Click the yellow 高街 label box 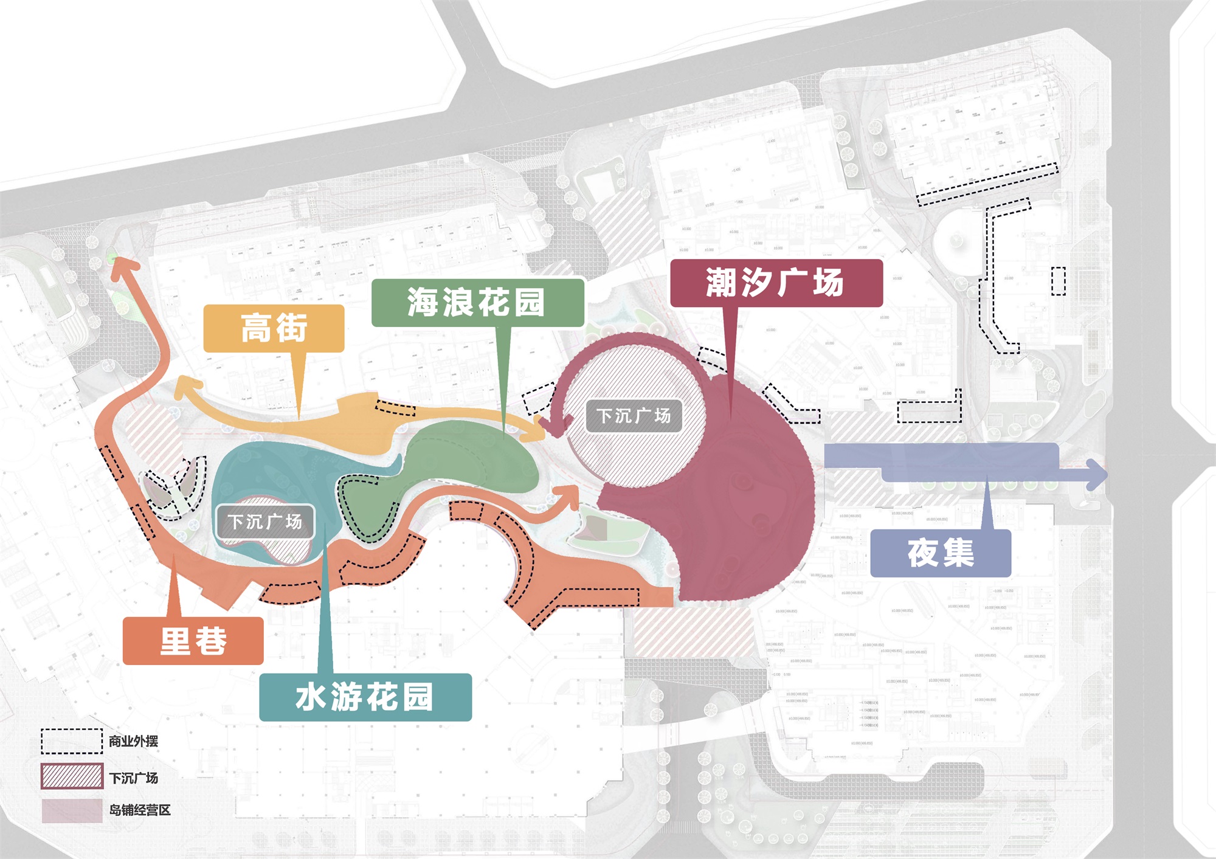274,328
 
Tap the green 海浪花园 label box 477,302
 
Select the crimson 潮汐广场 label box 776,283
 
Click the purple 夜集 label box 941,553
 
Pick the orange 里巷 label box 193,641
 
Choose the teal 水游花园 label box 365,697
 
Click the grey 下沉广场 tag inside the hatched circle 634,416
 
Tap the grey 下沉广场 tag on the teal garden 265,522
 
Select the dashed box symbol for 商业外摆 72,741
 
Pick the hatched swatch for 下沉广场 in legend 72,777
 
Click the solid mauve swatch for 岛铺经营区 72,811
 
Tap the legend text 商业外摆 133,741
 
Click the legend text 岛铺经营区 140,810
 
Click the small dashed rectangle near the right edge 1059,281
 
